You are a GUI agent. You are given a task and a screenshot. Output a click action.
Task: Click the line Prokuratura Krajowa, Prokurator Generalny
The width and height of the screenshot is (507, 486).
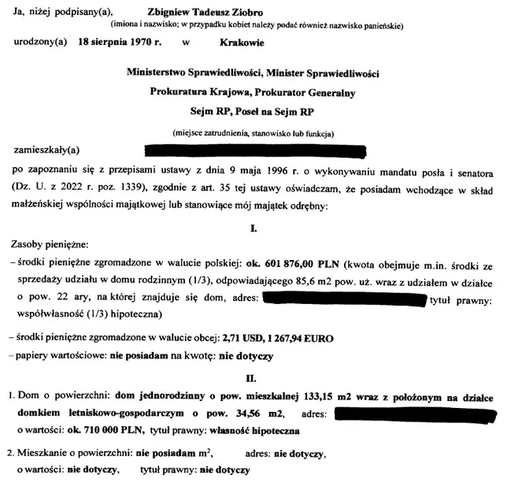pyautogui.click(x=253, y=91)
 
